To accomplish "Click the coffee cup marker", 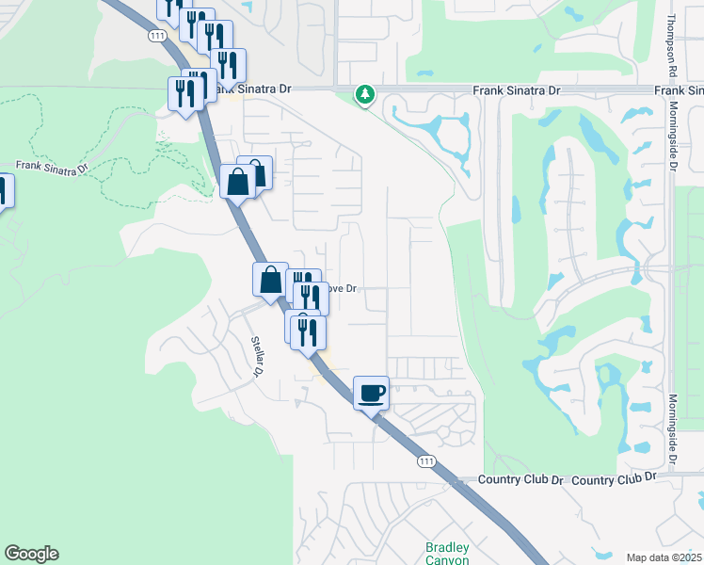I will pyautogui.click(x=372, y=392).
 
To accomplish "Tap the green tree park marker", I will pyautogui.click(x=364, y=94).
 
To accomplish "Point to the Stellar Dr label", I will pyautogui.click(x=255, y=356).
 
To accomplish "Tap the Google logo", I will pyautogui.click(x=31, y=554).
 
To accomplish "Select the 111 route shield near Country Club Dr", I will pyautogui.click(x=427, y=460).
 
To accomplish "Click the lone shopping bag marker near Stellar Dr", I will pyautogui.click(x=270, y=280).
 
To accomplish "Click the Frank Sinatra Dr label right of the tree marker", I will pyautogui.click(x=515, y=90).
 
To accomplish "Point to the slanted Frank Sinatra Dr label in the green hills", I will pyautogui.click(x=52, y=168).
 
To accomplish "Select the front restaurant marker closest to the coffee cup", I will pyautogui.click(x=308, y=332).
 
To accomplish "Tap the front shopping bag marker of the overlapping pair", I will pyautogui.click(x=237, y=181).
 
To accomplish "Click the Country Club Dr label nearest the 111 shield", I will pyautogui.click(x=520, y=480).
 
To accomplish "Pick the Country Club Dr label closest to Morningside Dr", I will pyautogui.click(x=613, y=478).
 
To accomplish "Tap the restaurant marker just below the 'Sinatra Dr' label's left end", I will pyautogui.click(x=184, y=93).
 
